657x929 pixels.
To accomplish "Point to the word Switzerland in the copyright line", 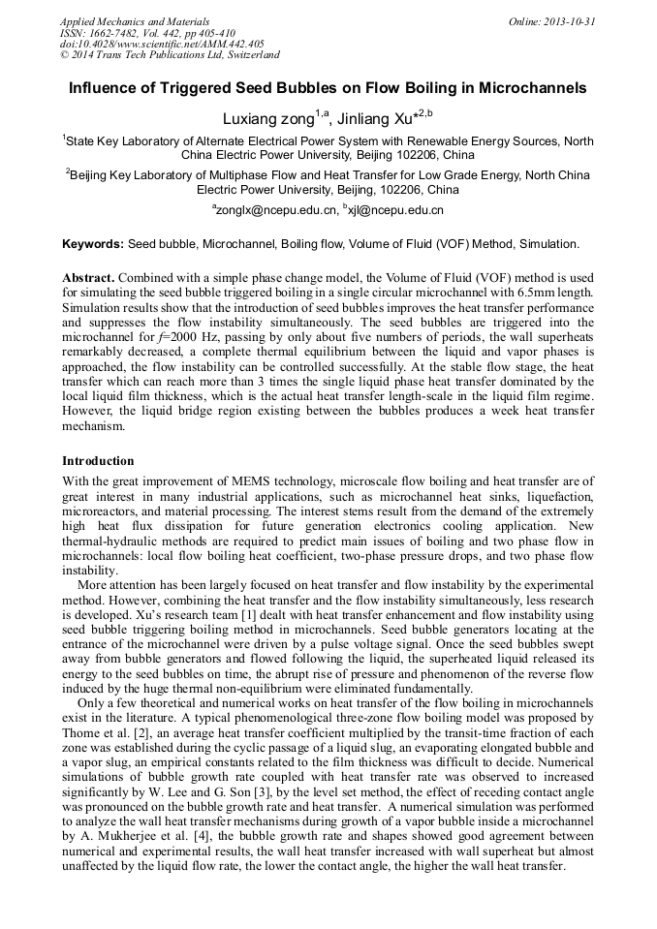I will coord(247,56).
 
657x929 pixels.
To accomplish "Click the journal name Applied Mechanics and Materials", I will coord(134,21).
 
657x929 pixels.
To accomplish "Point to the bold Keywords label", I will coord(93,244).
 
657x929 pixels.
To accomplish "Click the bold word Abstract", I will coord(90,277).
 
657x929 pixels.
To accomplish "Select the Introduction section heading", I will coord(98,461).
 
